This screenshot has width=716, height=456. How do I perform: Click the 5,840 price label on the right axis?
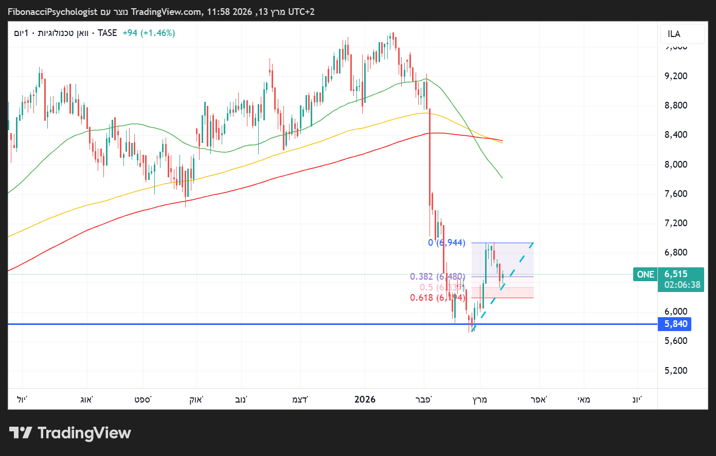click(x=675, y=324)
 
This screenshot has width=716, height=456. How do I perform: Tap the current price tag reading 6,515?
click(x=675, y=274)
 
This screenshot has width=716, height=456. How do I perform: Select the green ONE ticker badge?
click(x=646, y=275)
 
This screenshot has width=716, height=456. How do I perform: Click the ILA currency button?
click(x=674, y=34)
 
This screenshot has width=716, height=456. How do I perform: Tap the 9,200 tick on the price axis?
click(x=676, y=76)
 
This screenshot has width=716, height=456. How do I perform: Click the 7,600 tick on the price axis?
click(x=676, y=194)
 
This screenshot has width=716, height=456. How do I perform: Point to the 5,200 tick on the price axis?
click(x=676, y=371)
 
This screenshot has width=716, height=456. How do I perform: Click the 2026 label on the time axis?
click(x=365, y=399)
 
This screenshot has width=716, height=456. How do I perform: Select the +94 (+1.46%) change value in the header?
click(x=149, y=33)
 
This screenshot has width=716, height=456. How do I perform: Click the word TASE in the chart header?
click(x=107, y=33)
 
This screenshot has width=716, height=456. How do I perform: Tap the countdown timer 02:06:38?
click(x=682, y=285)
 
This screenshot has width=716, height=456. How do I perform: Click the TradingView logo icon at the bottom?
click(x=21, y=433)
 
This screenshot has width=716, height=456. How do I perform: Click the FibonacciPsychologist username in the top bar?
click(x=52, y=11)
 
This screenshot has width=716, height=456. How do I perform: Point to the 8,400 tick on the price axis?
click(x=676, y=135)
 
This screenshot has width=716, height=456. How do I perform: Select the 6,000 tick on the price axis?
click(x=676, y=312)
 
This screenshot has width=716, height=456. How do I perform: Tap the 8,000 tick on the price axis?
click(x=676, y=165)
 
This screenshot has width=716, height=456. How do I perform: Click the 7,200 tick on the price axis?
click(x=676, y=223)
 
